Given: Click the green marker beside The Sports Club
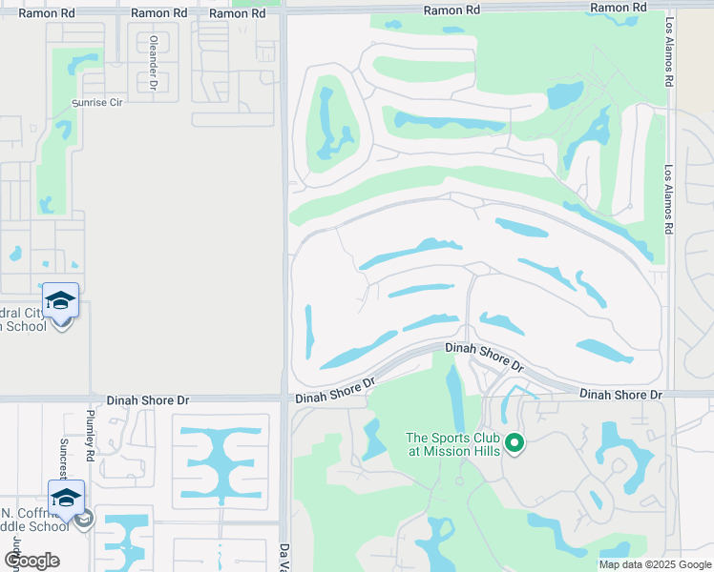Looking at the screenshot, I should click(514, 442).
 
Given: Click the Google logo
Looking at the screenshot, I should click(31, 561).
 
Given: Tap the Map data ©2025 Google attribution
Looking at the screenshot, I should click(655, 564).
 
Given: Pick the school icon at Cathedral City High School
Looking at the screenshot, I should click(60, 301).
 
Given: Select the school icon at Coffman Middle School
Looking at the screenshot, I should click(66, 498).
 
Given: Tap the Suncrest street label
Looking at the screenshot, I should click(64, 458).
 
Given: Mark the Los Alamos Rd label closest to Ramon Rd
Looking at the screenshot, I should click(670, 66).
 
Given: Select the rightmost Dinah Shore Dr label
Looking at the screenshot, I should click(620, 394).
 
